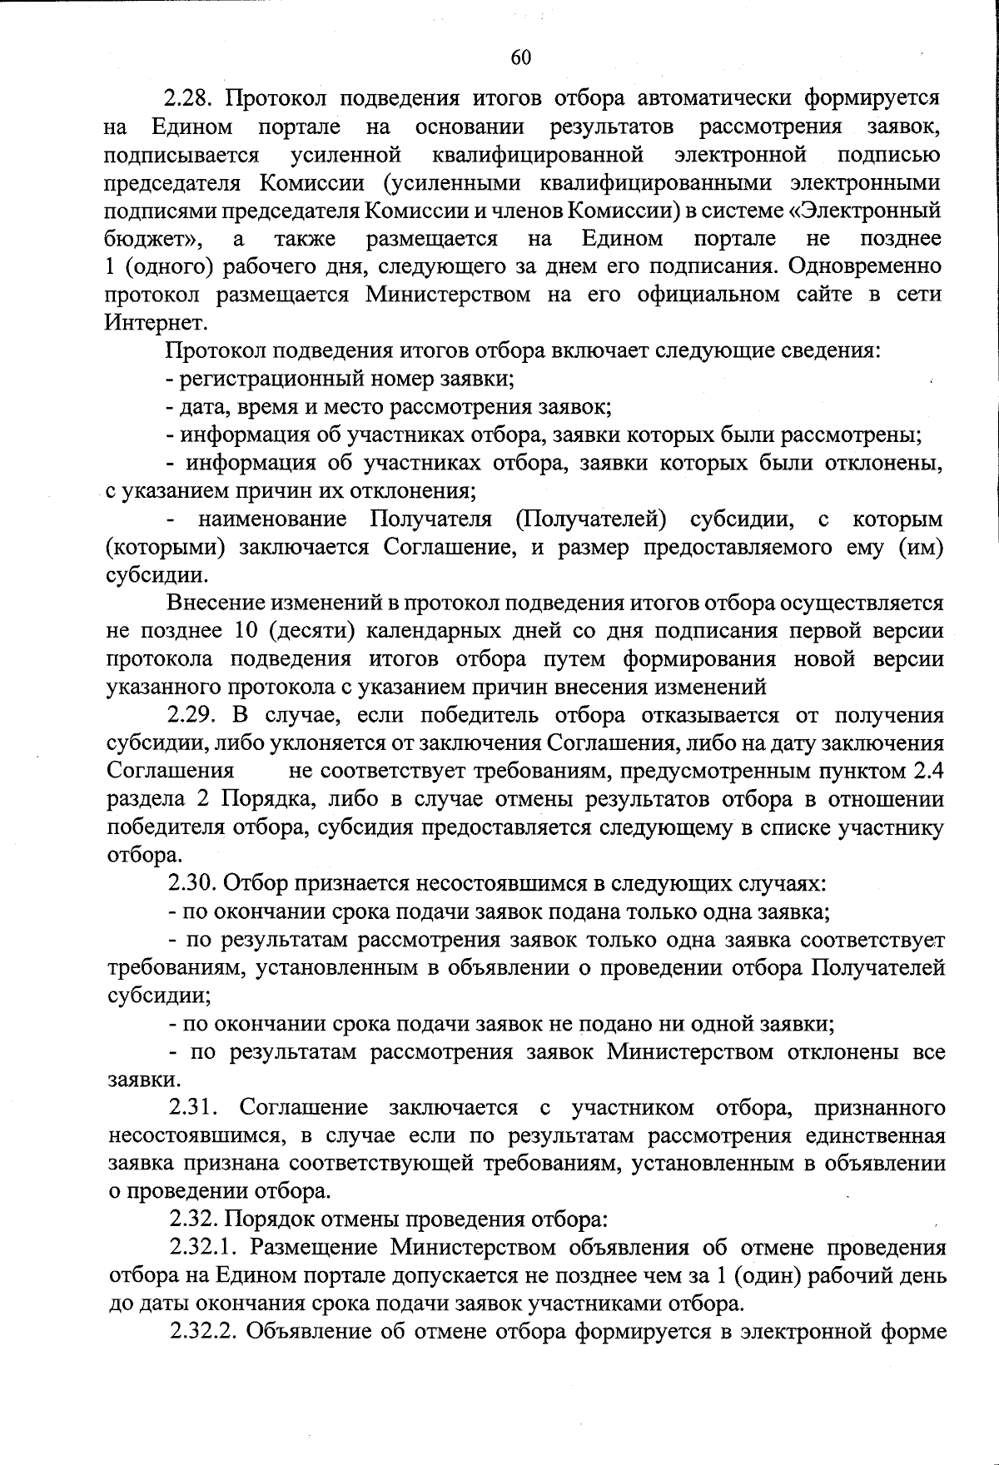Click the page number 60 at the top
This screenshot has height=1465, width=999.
520,57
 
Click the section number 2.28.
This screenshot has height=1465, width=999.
190,98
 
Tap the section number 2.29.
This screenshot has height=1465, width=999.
194,715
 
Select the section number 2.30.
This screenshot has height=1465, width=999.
194,883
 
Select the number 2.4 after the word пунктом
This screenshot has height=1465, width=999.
927,771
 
